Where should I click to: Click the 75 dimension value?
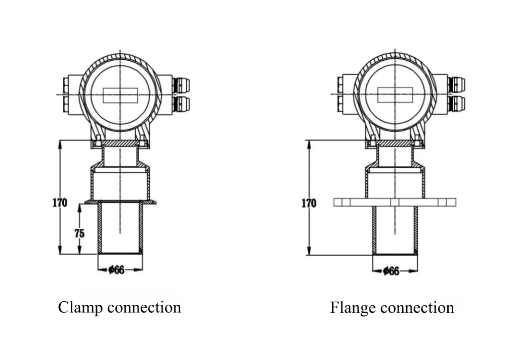(x=80, y=233)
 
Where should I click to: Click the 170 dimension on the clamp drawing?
(x=60, y=203)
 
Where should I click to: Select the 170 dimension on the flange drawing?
(x=309, y=204)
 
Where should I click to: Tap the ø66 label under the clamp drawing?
(x=116, y=270)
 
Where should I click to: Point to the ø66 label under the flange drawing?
(x=391, y=271)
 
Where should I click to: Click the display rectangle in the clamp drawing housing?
(x=120, y=95)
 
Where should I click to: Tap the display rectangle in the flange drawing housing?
(x=395, y=95)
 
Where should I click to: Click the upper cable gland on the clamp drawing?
(x=181, y=85)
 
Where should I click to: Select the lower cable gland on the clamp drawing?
(x=181, y=104)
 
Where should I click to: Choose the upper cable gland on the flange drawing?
(x=457, y=85)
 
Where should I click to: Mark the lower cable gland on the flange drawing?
(x=457, y=104)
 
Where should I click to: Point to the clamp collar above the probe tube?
(x=120, y=202)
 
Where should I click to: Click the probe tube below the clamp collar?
(x=120, y=228)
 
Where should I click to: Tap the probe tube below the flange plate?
(x=395, y=230)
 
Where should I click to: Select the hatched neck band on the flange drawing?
(x=395, y=144)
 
